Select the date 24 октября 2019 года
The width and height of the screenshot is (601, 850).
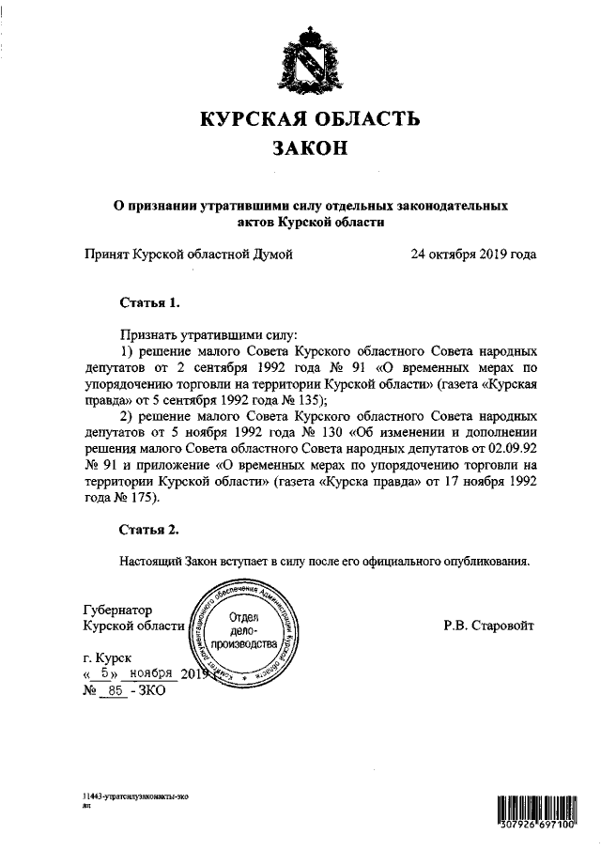point(473,254)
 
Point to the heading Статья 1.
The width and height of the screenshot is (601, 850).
point(148,303)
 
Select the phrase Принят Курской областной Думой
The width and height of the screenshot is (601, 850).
point(188,254)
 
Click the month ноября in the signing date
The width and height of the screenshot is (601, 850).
point(154,674)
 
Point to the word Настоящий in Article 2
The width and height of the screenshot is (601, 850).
point(152,561)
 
